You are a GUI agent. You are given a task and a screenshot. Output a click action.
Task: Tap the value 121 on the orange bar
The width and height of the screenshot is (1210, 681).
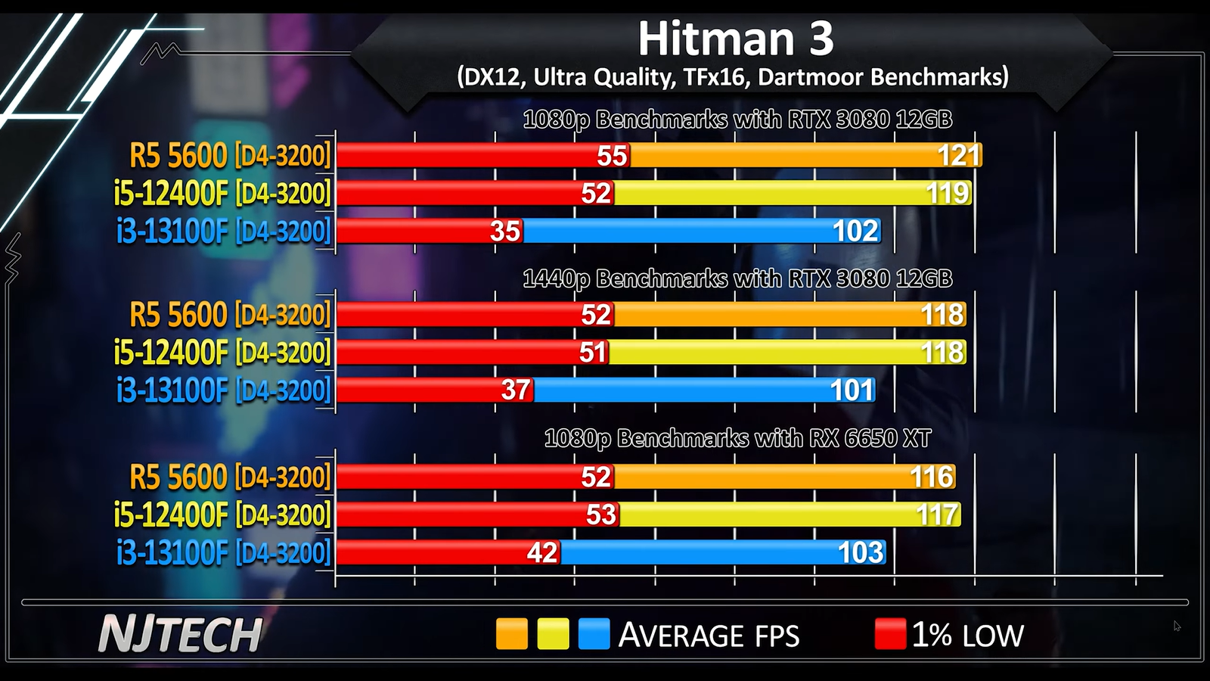point(958,155)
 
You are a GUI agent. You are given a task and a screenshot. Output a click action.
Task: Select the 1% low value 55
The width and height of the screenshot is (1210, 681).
point(612,155)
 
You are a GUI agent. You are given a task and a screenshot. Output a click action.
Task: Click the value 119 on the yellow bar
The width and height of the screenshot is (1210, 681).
point(948,193)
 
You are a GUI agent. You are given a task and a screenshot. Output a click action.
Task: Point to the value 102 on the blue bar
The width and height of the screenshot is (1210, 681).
point(855,231)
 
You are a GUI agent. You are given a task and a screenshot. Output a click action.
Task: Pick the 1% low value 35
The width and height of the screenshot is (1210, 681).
point(505,231)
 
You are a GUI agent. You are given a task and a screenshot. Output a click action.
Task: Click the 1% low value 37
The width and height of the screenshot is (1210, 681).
point(516,390)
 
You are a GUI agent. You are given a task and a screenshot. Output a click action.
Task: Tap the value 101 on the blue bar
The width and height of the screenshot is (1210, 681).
point(852,390)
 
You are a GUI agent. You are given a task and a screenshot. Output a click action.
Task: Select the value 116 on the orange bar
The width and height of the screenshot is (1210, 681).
point(932,477)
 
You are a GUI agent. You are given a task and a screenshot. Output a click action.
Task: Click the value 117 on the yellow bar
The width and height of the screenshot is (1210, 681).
point(937,515)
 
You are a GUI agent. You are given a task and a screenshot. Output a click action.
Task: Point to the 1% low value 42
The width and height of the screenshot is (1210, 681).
point(542,553)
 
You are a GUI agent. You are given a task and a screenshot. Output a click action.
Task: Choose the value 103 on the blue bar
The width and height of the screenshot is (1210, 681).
point(861,553)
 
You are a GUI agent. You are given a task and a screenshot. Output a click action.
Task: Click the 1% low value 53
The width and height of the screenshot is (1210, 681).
point(601,515)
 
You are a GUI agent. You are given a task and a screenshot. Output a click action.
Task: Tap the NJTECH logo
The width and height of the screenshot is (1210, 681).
point(180,634)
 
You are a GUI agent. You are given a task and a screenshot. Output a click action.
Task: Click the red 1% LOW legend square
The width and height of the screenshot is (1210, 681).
point(890,634)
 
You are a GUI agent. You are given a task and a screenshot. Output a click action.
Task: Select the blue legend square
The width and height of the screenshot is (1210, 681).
point(594,634)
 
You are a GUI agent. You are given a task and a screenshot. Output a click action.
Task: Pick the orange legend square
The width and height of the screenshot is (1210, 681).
point(511,634)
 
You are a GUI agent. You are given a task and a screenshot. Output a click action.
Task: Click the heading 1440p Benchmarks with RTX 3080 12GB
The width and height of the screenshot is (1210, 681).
point(737,278)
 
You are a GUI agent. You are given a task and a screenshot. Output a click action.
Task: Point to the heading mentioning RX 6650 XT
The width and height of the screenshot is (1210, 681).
point(737,438)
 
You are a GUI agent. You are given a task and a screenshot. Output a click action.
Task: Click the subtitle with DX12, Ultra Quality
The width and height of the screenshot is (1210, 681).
point(732,76)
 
